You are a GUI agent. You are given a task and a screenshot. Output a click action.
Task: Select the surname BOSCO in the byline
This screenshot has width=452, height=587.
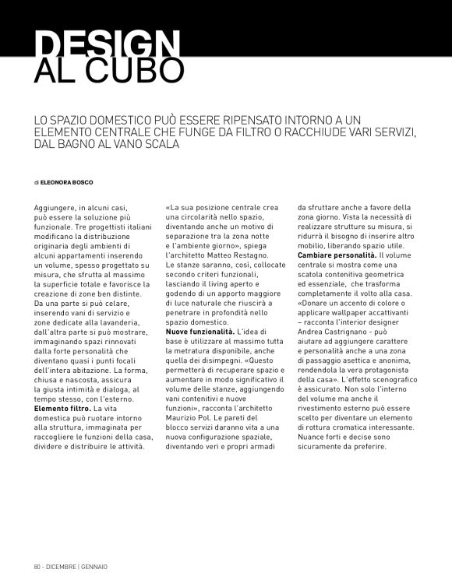(79, 182)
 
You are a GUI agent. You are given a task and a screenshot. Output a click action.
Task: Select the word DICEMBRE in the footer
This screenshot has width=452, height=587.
(61, 566)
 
